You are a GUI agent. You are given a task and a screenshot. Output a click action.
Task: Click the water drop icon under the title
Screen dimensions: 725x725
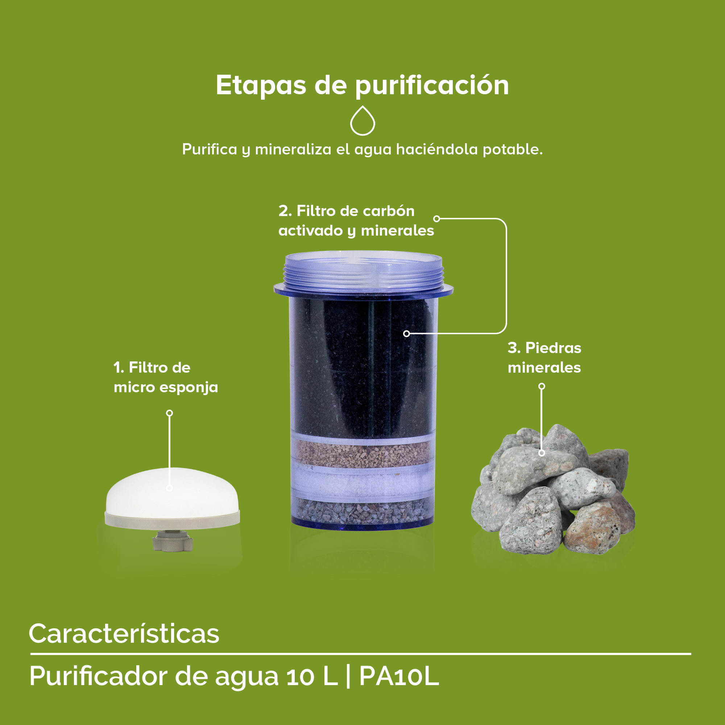point(362,121)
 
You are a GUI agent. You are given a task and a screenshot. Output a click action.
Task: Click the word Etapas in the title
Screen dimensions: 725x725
point(261,86)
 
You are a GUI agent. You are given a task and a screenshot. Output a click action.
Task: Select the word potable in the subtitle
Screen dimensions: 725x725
point(512,149)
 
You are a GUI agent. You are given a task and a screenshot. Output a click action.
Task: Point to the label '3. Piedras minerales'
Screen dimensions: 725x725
point(544,358)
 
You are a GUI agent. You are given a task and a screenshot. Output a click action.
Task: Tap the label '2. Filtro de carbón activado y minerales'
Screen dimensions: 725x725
point(356,221)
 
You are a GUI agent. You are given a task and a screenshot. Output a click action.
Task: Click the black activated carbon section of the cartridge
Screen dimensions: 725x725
point(349,368)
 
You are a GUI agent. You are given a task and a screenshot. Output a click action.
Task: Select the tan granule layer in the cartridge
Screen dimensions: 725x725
point(362,455)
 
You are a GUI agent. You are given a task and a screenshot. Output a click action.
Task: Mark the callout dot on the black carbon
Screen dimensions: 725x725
point(406,333)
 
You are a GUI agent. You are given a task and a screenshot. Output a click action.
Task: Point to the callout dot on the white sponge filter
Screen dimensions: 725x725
point(170,488)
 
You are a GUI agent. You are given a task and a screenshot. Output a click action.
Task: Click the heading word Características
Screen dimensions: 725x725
point(124,634)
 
